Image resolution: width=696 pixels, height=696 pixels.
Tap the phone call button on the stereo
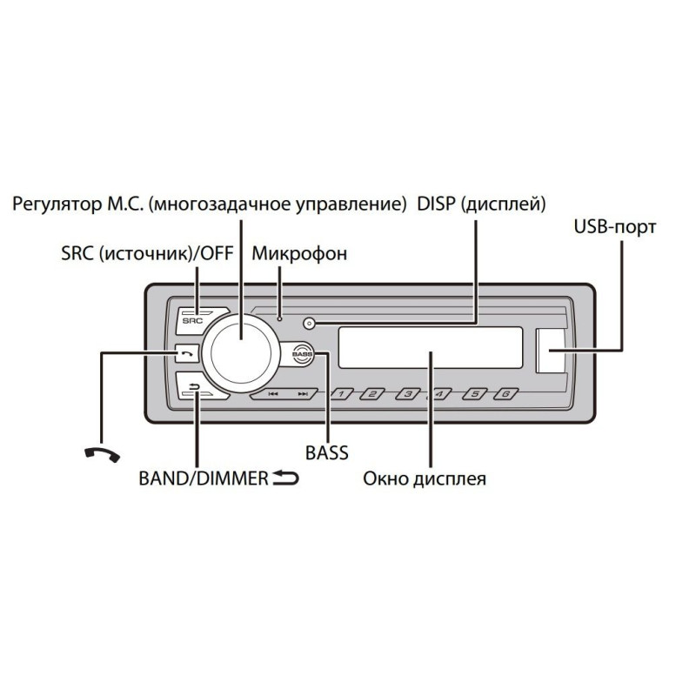(x=187, y=354)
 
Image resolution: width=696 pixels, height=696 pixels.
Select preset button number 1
(x=341, y=394)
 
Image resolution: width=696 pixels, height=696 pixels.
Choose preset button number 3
(x=407, y=394)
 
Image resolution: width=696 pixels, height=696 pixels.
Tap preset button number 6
(x=506, y=394)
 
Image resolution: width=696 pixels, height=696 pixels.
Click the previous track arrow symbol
(x=273, y=394)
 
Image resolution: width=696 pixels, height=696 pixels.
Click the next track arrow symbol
(x=303, y=394)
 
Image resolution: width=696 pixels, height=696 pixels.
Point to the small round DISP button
(x=310, y=324)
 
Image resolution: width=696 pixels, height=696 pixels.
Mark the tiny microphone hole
(x=279, y=318)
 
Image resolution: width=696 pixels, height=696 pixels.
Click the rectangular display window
(x=430, y=347)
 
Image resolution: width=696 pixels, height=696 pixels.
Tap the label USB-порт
(x=615, y=227)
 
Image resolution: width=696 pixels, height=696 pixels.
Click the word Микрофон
(x=299, y=254)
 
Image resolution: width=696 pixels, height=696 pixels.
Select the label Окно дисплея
(x=425, y=479)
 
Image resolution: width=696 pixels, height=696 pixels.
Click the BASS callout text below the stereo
(x=327, y=452)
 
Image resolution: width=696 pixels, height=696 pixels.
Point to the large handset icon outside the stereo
(x=102, y=454)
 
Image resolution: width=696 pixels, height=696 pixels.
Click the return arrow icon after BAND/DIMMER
(x=285, y=478)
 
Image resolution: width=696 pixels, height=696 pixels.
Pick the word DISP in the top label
(x=437, y=204)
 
